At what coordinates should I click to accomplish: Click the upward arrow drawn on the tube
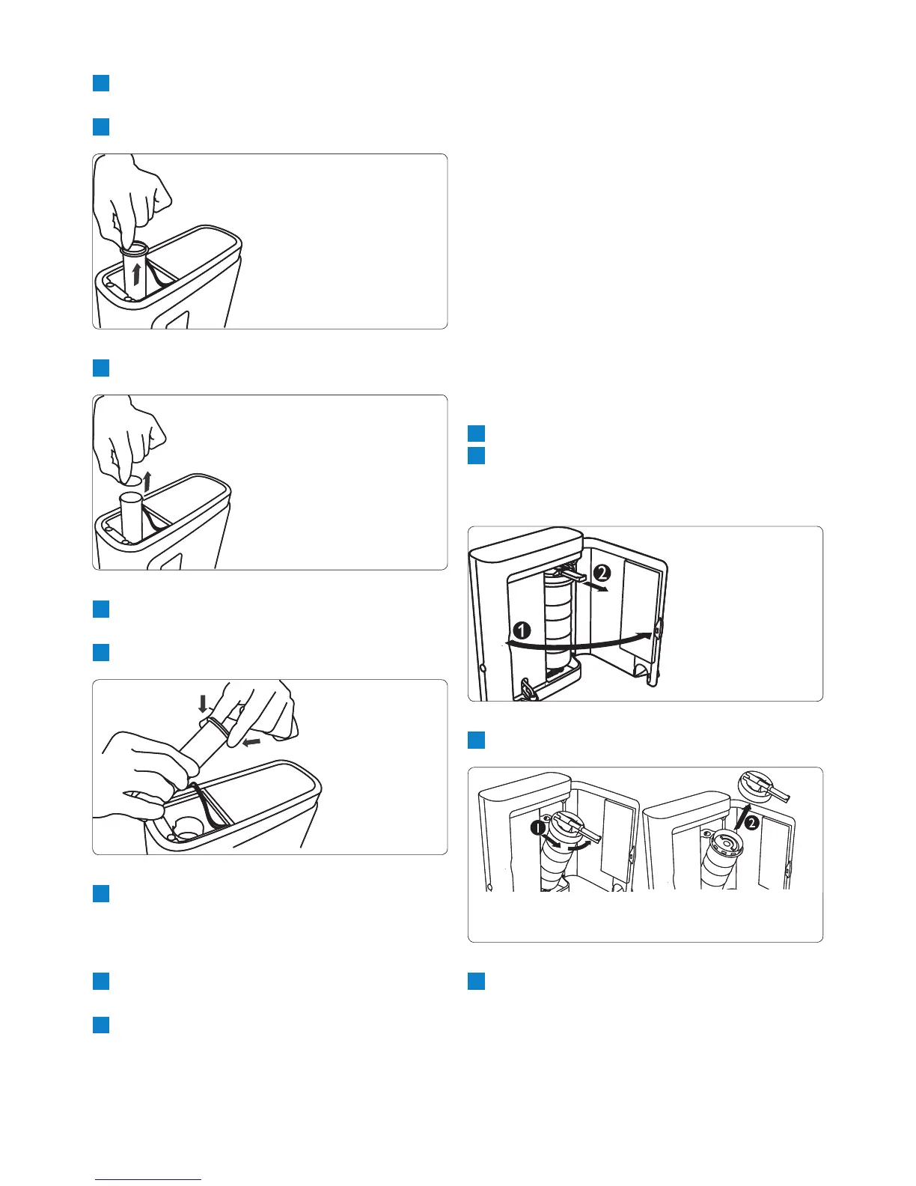(136, 273)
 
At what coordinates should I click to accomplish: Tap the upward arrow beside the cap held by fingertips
(146, 482)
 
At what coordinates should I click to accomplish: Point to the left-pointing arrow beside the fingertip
(251, 742)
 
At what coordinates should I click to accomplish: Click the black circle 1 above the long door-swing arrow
(522, 631)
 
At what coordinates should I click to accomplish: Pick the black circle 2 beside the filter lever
(603, 573)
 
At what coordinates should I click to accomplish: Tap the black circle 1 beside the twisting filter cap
(537, 829)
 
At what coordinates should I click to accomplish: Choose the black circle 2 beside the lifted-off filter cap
(751, 823)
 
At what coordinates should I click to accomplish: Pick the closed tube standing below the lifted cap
(132, 514)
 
